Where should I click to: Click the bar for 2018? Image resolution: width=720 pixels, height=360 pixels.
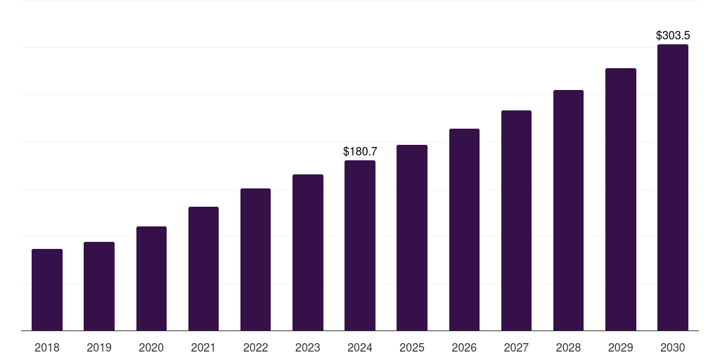pos(47,290)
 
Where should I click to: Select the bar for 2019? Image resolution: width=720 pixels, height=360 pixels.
pos(99,286)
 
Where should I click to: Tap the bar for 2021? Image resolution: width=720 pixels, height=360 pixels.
pos(203,269)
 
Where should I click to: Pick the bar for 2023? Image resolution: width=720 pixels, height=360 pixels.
pos(308,252)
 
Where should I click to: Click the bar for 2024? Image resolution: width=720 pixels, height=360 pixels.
pos(360,245)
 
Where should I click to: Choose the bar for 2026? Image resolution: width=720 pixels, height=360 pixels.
pos(464,229)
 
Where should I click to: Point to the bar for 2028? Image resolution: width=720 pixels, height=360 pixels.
pos(568,210)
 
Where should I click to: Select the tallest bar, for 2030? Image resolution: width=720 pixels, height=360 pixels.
pos(672,188)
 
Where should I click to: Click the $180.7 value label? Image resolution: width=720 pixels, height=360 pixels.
pos(360,151)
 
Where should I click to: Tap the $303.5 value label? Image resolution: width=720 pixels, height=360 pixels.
pos(673,35)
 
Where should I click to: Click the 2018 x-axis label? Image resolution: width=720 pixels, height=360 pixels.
pos(47,347)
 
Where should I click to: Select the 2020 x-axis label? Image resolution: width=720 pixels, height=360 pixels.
pos(151,347)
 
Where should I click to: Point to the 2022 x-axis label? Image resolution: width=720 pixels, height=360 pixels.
pos(255,347)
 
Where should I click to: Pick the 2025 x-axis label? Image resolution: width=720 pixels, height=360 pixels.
pos(412,347)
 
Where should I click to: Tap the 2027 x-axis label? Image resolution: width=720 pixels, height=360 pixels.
pos(516,347)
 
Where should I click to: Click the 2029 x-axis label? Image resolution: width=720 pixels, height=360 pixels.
pos(620,347)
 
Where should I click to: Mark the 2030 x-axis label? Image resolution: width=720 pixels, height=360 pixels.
pos(672,347)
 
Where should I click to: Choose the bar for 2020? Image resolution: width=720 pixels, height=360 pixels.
pos(151,278)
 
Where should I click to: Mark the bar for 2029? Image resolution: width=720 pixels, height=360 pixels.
pos(620,199)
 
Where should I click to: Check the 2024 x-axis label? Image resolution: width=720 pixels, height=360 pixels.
pos(360,347)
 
